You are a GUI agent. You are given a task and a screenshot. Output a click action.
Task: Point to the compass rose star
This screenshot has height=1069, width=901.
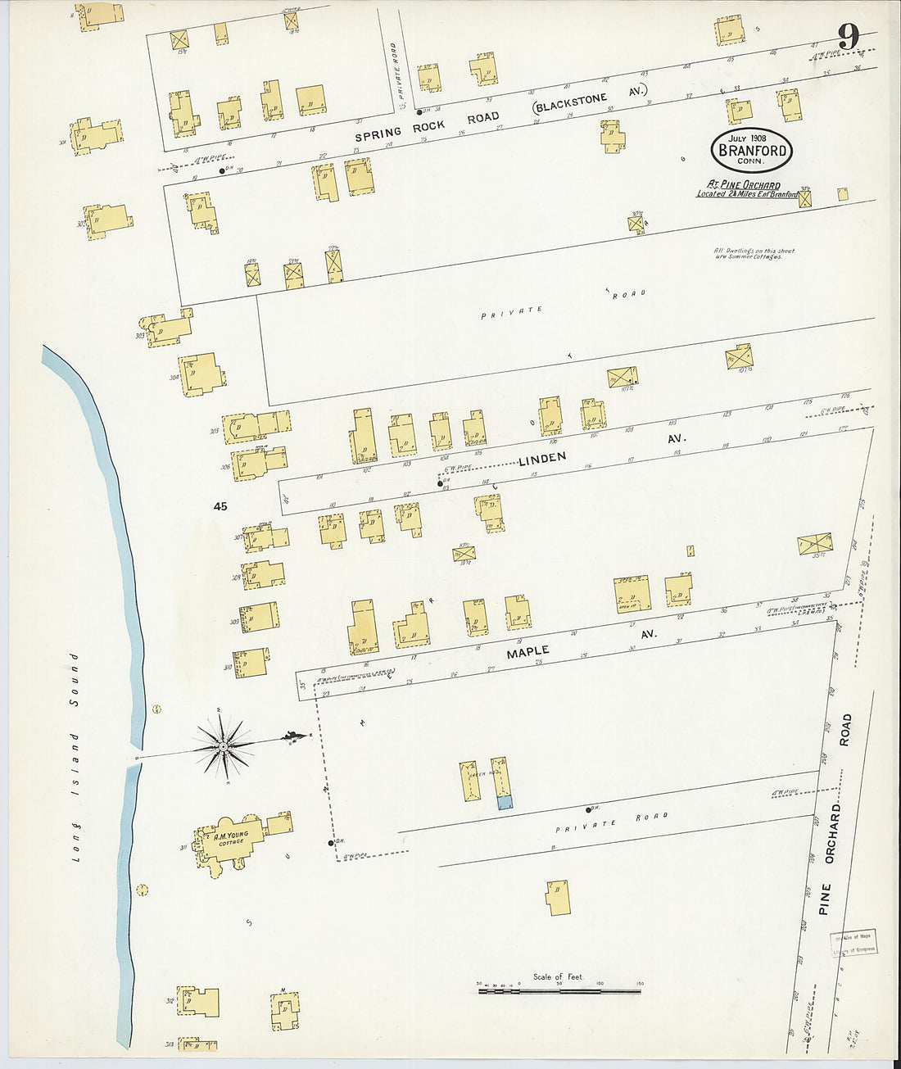(x=222, y=746)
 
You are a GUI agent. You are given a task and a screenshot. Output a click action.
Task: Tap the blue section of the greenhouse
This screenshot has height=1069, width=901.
(x=505, y=804)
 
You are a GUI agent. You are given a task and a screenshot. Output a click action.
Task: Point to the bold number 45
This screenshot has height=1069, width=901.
(x=220, y=507)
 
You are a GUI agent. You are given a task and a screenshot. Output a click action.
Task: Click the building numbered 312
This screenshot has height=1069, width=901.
(x=199, y=1002)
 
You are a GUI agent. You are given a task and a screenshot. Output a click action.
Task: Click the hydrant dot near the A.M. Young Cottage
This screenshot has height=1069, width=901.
(x=331, y=842)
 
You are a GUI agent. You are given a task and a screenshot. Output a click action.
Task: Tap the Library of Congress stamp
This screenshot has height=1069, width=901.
(x=854, y=944)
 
